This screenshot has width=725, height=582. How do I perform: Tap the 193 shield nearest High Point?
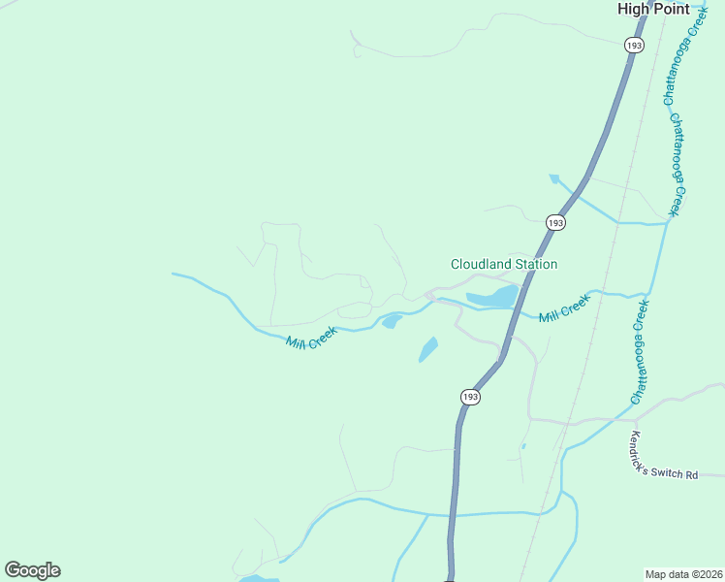pos(634,46)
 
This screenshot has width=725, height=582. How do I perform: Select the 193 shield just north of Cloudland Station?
pos(555,222)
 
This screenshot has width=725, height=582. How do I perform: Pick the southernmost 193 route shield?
pos(470,397)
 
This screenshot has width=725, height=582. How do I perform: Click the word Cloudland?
pos(481,264)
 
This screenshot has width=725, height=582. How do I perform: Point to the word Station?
pos(536,264)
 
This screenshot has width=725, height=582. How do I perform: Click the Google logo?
pos(32,570)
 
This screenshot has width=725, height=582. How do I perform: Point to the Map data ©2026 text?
pos(683,574)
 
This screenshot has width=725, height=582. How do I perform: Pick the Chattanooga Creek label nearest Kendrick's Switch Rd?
pos(642,351)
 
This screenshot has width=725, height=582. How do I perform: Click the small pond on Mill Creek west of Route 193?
pos(392,321)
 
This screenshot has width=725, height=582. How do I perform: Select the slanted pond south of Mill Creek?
pos(427,349)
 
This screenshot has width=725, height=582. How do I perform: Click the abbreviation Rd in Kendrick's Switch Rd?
pos(690,475)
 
